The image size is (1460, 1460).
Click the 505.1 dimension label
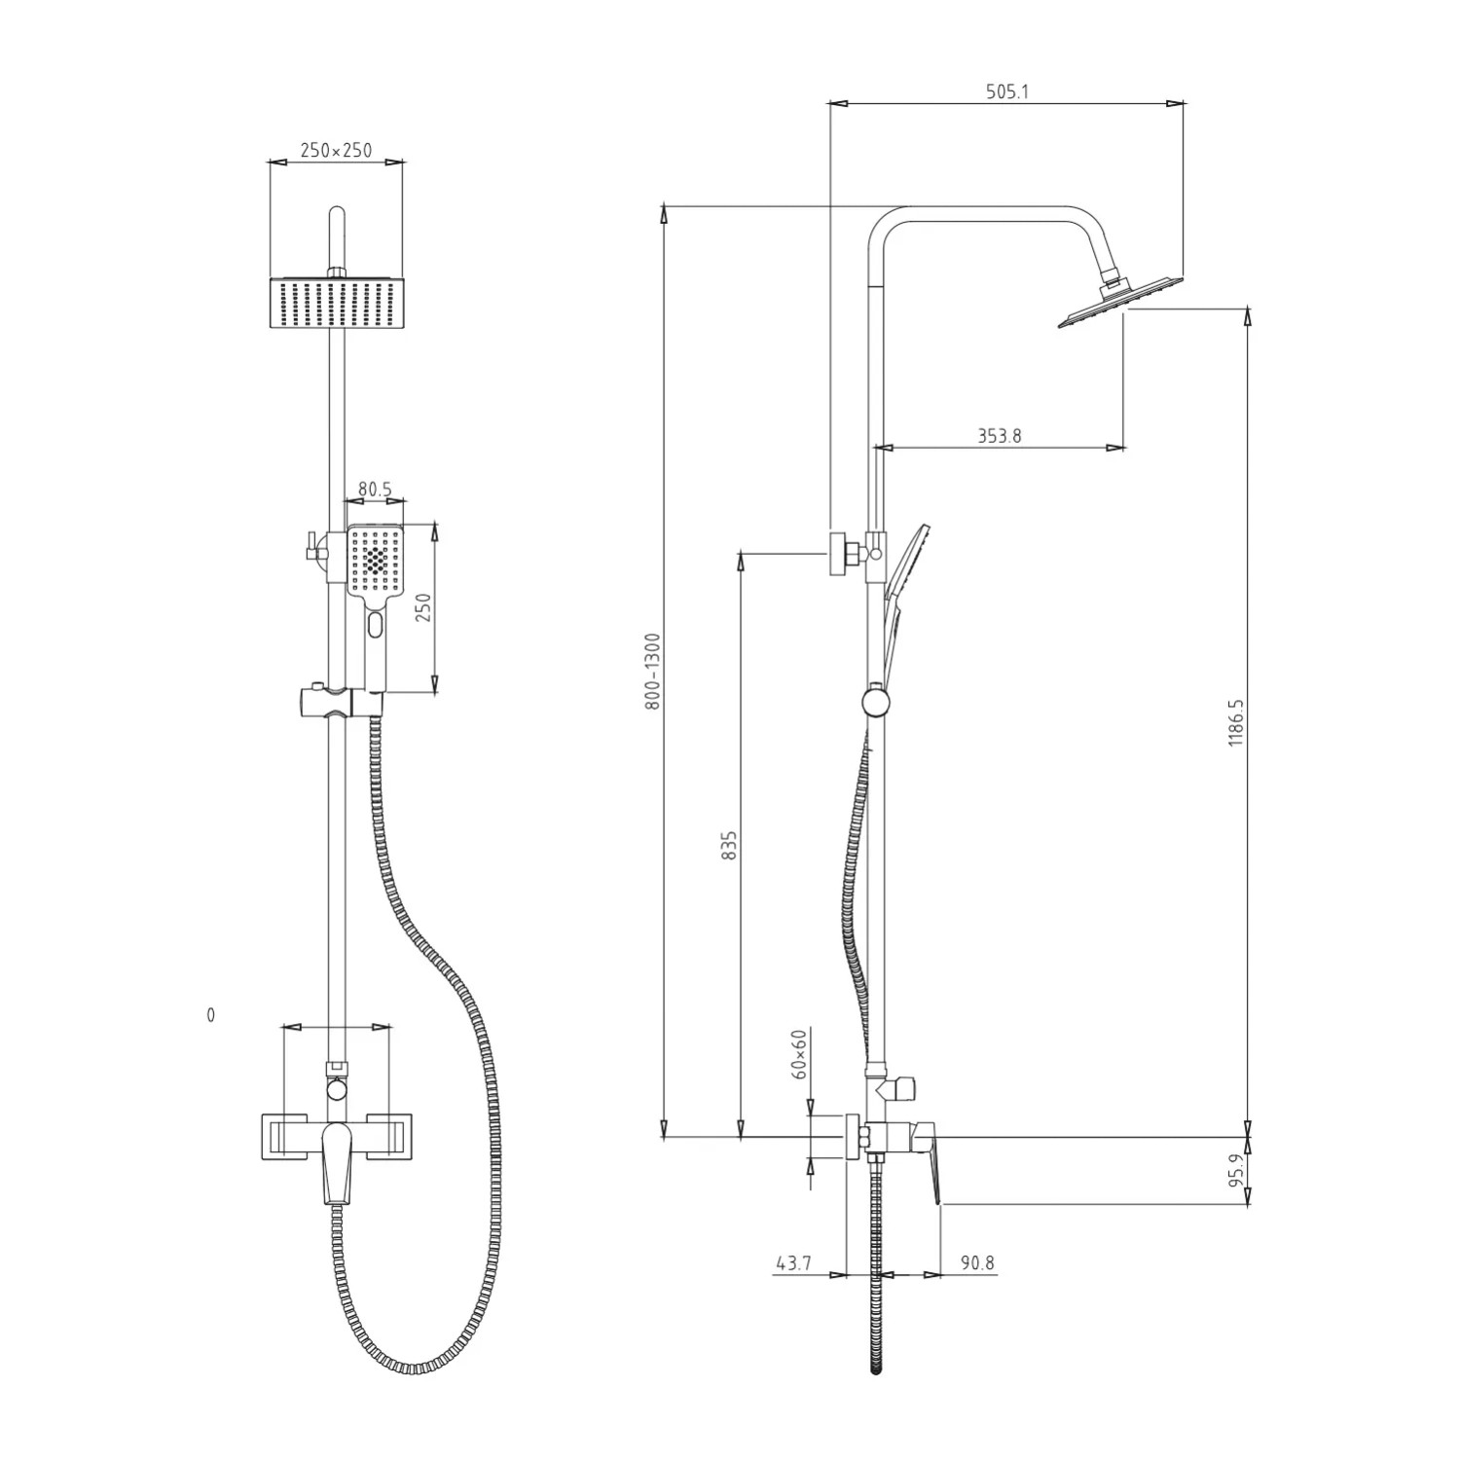point(1007,92)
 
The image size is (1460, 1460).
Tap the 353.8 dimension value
point(1000,436)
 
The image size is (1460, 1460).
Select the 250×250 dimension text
point(336,151)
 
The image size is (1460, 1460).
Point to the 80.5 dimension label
point(375,490)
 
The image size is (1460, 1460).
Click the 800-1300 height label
point(653,671)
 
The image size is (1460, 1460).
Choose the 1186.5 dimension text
point(1236,722)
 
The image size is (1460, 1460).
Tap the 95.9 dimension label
point(1236,1171)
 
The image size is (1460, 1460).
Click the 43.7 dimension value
point(793,1263)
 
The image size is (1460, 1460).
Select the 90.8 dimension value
point(977,1263)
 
